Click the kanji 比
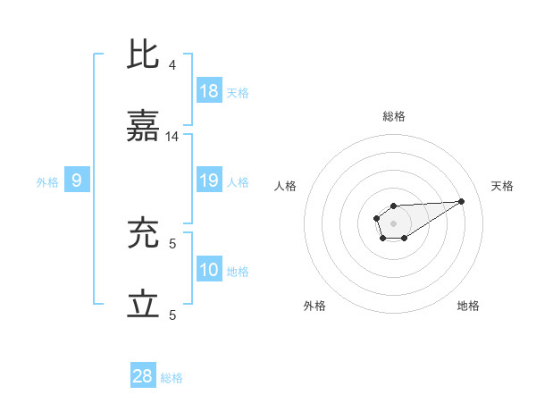pyautogui.click(x=144, y=55)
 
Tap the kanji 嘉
pyautogui.click(x=144, y=127)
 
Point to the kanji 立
pyautogui.click(x=144, y=305)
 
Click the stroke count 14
pyautogui.click(x=172, y=137)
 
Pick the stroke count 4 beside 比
pyautogui.click(x=172, y=64)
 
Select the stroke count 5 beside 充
pyautogui.click(x=172, y=242)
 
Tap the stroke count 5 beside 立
pyautogui.click(x=172, y=315)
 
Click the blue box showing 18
pyautogui.click(x=209, y=91)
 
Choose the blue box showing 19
pyautogui.click(x=209, y=181)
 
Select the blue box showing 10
pyautogui.click(x=209, y=270)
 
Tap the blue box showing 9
pyautogui.click(x=77, y=181)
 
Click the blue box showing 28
pyautogui.click(x=143, y=376)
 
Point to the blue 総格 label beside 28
pyautogui.click(x=172, y=378)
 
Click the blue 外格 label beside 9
pyautogui.click(x=47, y=182)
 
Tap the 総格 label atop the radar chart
pyautogui.click(x=394, y=116)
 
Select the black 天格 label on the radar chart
pyautogui.click(x=503, y=186)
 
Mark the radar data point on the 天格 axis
pyautogui.click(x=462, y=200)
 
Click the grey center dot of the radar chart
pyautogui.click(x=394, y=223)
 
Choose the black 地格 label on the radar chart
pyautogui.click(x=468, y=306)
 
